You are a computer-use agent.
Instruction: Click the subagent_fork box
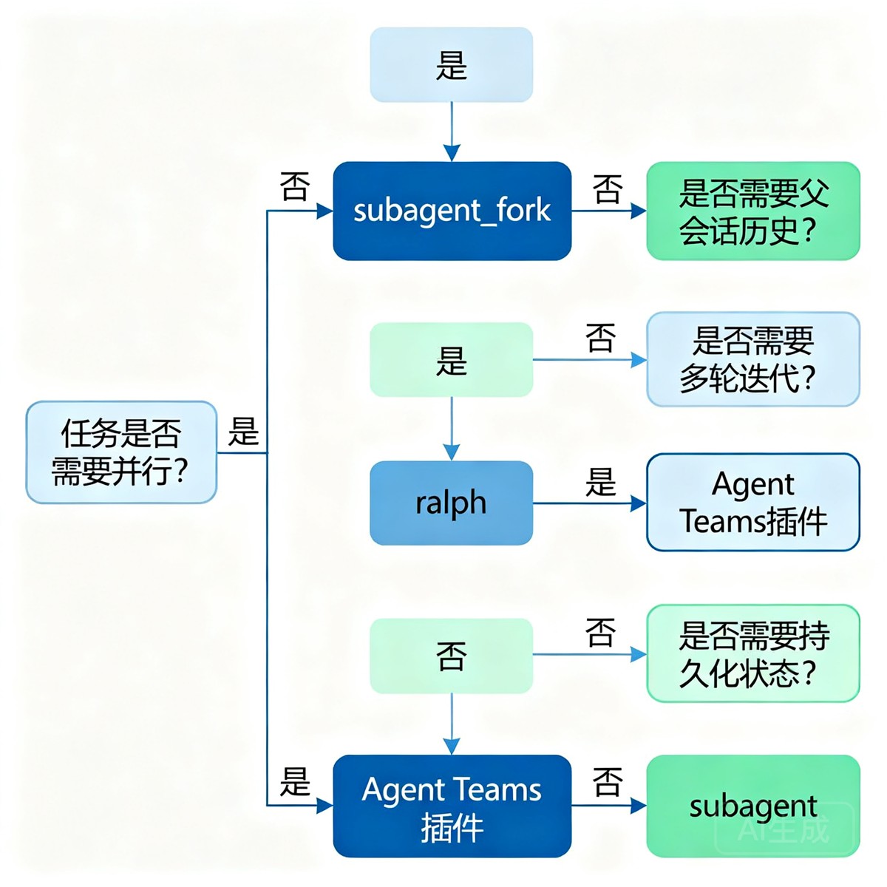452,211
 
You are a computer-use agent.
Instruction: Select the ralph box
451,503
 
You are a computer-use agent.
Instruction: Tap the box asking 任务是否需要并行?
121,452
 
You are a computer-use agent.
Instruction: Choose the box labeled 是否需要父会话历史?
753,211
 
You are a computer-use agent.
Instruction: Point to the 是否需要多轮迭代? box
753,359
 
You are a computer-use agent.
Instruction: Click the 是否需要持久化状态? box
753,653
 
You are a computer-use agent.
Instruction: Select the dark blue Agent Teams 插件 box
452,806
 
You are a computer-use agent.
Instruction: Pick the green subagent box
753,806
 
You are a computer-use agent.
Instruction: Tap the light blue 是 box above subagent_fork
451,64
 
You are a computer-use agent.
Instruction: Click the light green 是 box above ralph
451,359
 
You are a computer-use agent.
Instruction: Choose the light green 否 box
451,656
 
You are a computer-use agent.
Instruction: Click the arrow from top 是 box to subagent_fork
452,132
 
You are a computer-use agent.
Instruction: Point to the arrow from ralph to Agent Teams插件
590,503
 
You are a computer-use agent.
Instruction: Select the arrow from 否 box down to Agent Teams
452,724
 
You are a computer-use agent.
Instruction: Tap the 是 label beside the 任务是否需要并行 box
243,431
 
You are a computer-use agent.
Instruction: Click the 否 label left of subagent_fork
295,186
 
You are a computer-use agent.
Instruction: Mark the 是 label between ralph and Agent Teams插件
600,482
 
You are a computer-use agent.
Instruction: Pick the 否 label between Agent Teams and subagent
608,782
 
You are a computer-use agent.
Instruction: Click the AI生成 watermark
784,829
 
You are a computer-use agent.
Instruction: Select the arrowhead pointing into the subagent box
639,806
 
